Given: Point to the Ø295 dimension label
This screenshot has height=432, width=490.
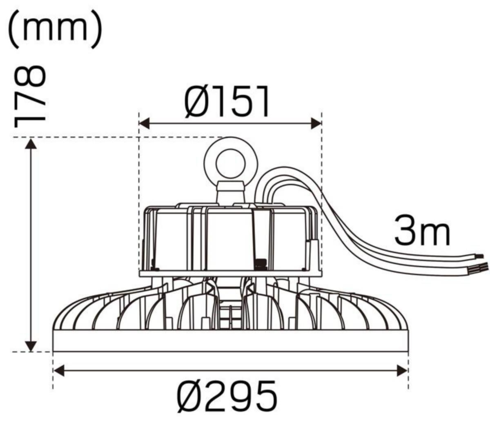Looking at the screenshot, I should tap(227, 396).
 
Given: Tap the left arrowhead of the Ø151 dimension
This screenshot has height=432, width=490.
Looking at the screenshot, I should tap(145, 123).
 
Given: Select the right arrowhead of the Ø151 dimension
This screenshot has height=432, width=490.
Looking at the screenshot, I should tap(316, 123).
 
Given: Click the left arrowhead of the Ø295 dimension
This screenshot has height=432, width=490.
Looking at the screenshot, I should tap(59, 371).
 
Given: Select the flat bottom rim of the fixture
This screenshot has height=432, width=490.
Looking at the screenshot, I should tap(231, 341).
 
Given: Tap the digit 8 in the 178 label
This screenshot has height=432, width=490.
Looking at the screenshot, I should tap(31, 78).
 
